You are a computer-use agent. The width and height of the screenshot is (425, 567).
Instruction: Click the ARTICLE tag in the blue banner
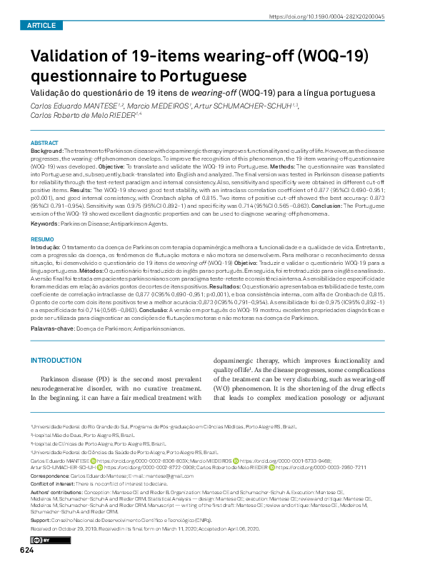pyautogui.click(x=41, y=25)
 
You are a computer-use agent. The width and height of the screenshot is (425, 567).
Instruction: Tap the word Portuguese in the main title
pyautogui.click(x=206, y=75)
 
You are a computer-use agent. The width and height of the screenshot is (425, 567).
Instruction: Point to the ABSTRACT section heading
pyautogui.click(x=45, y=143)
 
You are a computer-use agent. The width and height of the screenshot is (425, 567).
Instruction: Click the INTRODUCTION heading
pyautogui.click(x=61, y=361)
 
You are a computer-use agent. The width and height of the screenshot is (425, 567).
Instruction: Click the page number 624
pyautogui.click(x=26, y=550)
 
